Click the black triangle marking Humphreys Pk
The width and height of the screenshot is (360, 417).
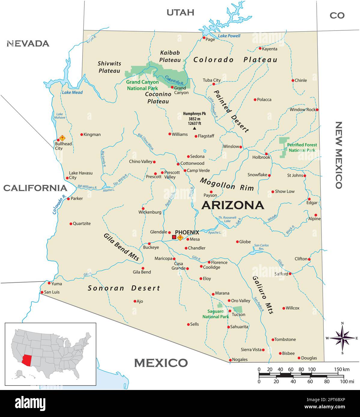pos(195,128)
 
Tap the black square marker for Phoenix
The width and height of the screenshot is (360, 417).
pos(174,237)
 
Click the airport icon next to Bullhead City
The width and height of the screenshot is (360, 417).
pos(62,138)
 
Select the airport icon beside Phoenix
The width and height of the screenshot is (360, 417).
pos(180,238)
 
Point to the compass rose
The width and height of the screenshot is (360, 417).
pos(342,338)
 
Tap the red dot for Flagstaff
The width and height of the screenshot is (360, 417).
pos(196,136)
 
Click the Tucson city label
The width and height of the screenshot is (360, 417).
pos(238,314)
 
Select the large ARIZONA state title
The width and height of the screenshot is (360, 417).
pos(233,205)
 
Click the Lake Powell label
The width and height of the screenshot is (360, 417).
pos(229,36)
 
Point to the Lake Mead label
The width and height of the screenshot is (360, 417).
pos(72,92)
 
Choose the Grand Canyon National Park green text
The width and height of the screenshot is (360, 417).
pos(142,85)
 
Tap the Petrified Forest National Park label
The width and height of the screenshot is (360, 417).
pos(302,147)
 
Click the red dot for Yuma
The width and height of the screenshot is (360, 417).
pos(49,283)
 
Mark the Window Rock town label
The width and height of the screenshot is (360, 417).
pos(302,109)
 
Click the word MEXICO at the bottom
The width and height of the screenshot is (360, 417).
pos(161,363)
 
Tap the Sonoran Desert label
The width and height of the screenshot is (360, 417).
pos(124,288)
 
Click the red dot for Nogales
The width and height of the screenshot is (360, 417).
pos(230,360)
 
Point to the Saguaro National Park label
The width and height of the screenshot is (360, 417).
pos(216,314)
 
